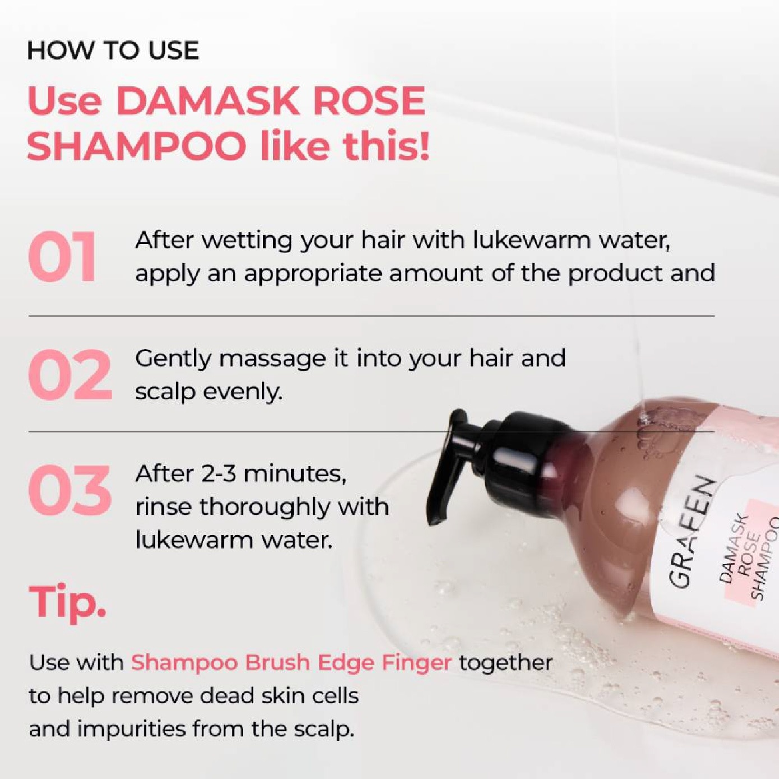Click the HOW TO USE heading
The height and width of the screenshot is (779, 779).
[x=113, y=50]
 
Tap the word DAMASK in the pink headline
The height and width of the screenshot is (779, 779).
[x=206, y=102]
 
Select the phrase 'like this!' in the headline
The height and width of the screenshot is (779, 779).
[x=344, y=146]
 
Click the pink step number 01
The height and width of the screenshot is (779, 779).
[x=62, y=257]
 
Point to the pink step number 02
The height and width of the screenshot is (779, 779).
[x=70, y=375]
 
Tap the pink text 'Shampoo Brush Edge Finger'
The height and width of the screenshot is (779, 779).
[x=291, y=662]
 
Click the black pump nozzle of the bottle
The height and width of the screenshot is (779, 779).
[x=449, y=465]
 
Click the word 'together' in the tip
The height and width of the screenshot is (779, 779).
[x=505, y=662]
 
